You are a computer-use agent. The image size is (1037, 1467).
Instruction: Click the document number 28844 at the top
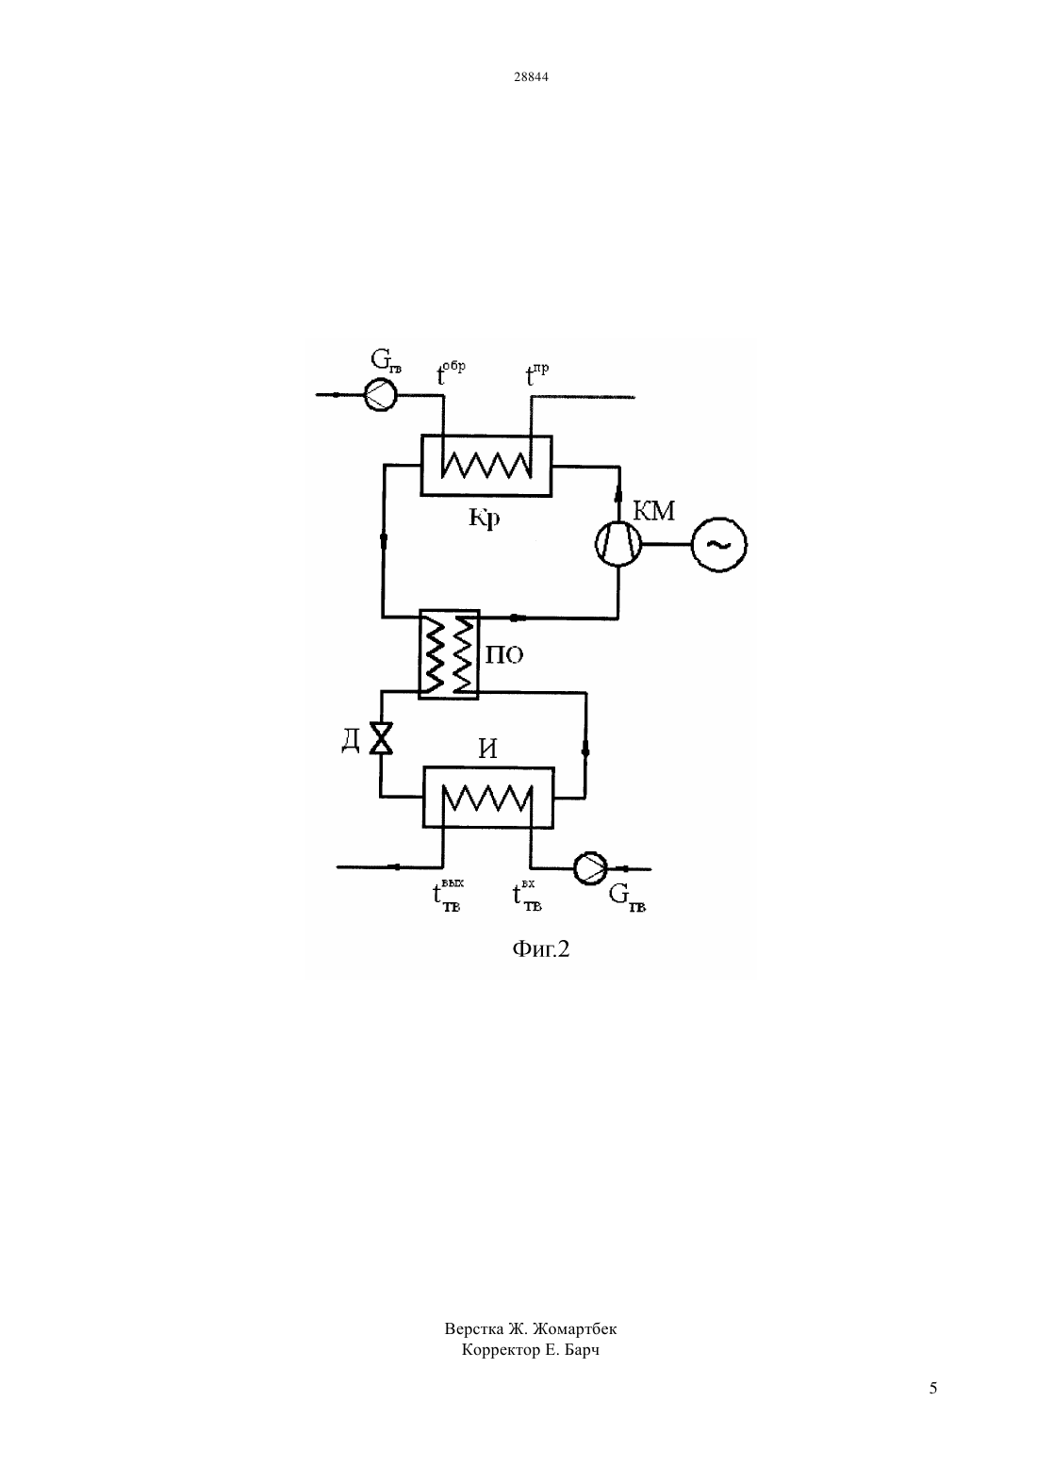(531, 76)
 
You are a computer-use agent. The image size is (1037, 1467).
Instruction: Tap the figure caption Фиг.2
(541, 949)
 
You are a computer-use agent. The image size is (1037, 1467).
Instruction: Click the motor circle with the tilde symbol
(718, 544)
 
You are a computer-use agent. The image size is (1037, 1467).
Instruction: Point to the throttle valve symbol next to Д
(381, 737)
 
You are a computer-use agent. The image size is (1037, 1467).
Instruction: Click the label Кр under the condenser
(485, 518)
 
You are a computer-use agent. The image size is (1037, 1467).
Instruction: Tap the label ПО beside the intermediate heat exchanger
(504, 654)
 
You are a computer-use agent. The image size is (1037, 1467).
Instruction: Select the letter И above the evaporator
(487, 749)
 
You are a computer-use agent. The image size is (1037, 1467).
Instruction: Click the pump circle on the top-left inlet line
(380, 395)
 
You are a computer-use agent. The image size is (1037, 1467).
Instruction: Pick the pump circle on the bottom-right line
(590, 868)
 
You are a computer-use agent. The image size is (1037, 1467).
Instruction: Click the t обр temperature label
(451, 372)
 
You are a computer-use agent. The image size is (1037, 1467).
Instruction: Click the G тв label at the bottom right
(627, 897)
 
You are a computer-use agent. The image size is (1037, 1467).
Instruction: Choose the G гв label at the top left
(386, 360)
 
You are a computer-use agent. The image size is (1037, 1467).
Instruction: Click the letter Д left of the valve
(351, 741)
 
